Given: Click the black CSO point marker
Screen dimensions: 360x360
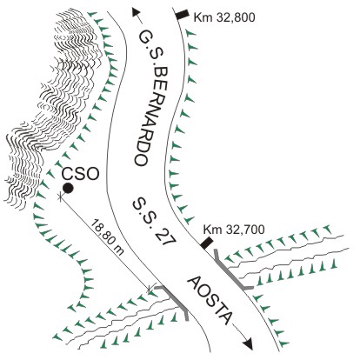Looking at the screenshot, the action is click(68, 189).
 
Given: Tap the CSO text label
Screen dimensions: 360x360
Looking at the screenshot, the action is click(81, 175).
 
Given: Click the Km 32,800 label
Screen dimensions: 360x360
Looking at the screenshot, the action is click(224, 17).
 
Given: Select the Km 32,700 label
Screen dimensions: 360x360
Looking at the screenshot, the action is click(234, 230).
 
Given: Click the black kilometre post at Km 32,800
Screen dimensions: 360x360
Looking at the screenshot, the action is click(183, 15).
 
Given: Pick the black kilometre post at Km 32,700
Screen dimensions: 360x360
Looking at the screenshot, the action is click(207, 243).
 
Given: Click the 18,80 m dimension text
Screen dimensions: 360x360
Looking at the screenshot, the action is click(108, 237).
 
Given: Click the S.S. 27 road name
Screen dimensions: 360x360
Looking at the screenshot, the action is click(154, 222).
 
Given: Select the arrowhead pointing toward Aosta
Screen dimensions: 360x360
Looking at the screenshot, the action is click(248, 344).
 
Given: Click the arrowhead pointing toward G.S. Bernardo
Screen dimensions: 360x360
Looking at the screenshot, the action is click(136, 12).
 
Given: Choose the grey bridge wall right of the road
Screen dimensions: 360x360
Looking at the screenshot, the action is click(232, 270).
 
